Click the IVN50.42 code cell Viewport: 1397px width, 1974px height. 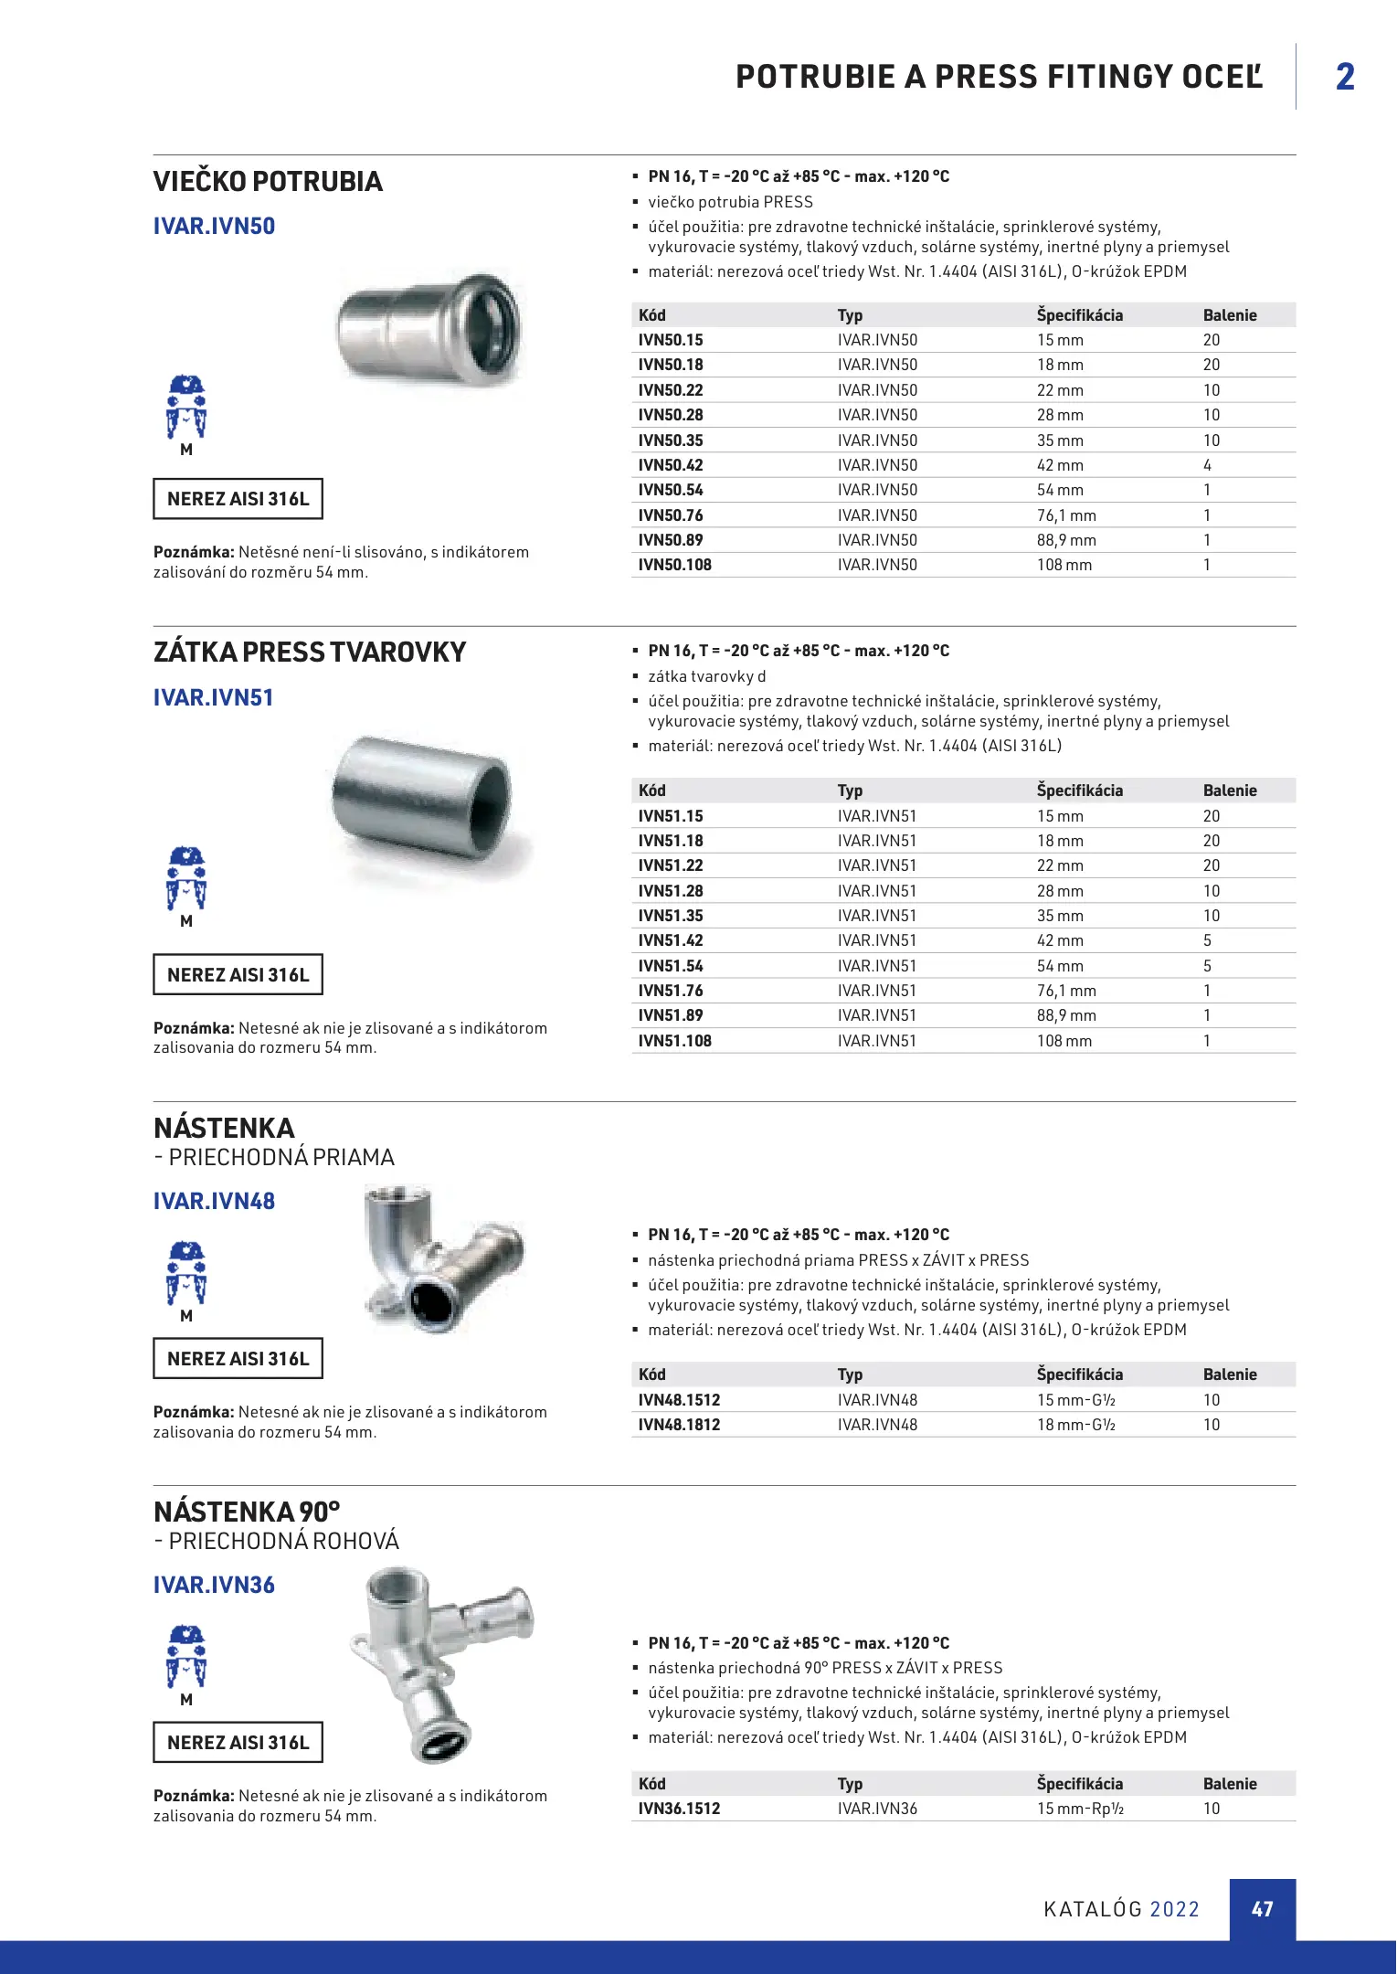pyautogui.click(x=671, y=465)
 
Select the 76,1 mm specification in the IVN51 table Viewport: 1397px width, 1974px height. pyautogui.click(x=1066, y=991)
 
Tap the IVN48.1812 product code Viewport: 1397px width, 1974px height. pyautogui.click(x=679, y=1425)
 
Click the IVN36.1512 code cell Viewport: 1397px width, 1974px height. pyautogui.click(x=679, y=1809)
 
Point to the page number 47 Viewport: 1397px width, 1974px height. pyautogui.click(x=1262, y=1909)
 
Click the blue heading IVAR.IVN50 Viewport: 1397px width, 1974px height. pyautogui.click(x=214, y=226)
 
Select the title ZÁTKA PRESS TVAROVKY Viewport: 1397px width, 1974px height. pyautogui.click(x=310, y=653)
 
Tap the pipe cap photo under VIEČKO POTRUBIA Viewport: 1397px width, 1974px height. pyautogui.click(x=428, y=331)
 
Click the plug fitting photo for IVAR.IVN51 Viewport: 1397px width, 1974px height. pyautogui.click(x=423, y=801)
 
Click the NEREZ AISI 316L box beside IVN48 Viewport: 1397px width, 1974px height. pyautogui.click(x=238, y=1359)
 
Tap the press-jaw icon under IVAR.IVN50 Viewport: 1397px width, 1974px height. pyautogui.click(x=186, y=408)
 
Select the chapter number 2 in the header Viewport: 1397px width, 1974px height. pyautogui.click(x=1345, y=77)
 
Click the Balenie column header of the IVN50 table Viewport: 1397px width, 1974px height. pyautogui.click(x=1230, y=315)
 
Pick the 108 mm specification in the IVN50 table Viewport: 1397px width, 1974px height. pyautogui.click(x=1064, y=565)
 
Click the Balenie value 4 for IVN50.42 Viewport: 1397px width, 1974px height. pyautogui.click(x=1207, y=465)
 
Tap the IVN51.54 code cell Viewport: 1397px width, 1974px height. pyautogui.click(x=671, y=966)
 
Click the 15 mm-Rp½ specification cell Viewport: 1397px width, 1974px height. pyautogui.click(x=1080, y=1809)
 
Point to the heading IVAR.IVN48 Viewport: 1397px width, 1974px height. pyautogui.click(x=214, y=1201)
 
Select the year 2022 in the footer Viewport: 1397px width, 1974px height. pyautogui.click(x=1174, y=1909)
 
